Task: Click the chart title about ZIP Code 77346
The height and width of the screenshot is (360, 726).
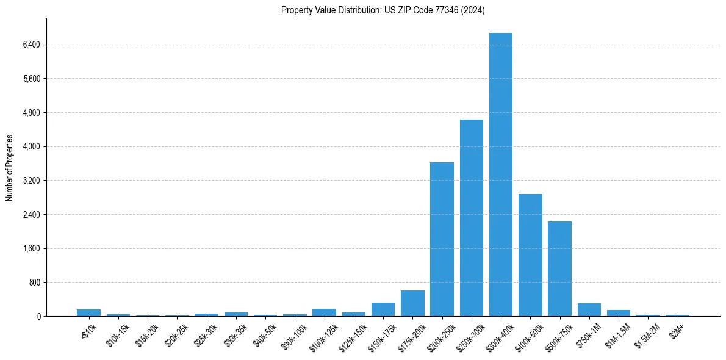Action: point(383,10)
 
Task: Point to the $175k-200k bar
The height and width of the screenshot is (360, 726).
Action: point(412,303)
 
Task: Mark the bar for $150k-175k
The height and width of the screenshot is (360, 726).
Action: point(383,309)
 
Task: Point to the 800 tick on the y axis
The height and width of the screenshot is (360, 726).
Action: point(34,283)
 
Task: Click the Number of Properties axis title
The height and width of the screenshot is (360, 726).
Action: point(9,168)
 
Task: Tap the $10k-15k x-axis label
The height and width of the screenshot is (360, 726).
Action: point(117,332)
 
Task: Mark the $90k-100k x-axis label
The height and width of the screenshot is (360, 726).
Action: point(293,333)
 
